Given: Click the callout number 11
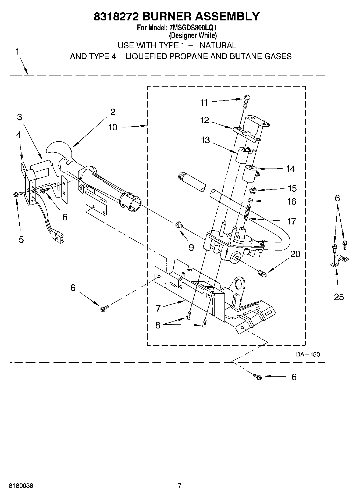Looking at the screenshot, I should (204, 103).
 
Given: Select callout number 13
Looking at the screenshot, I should (205, 140).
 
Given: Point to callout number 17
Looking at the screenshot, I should (291, 221).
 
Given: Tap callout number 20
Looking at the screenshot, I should (295, 254).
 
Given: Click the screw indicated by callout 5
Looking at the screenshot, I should (16, 194).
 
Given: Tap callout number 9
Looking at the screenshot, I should (191, 247).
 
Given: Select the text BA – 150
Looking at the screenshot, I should (308, 354).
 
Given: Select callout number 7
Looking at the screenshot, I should (158, 308).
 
